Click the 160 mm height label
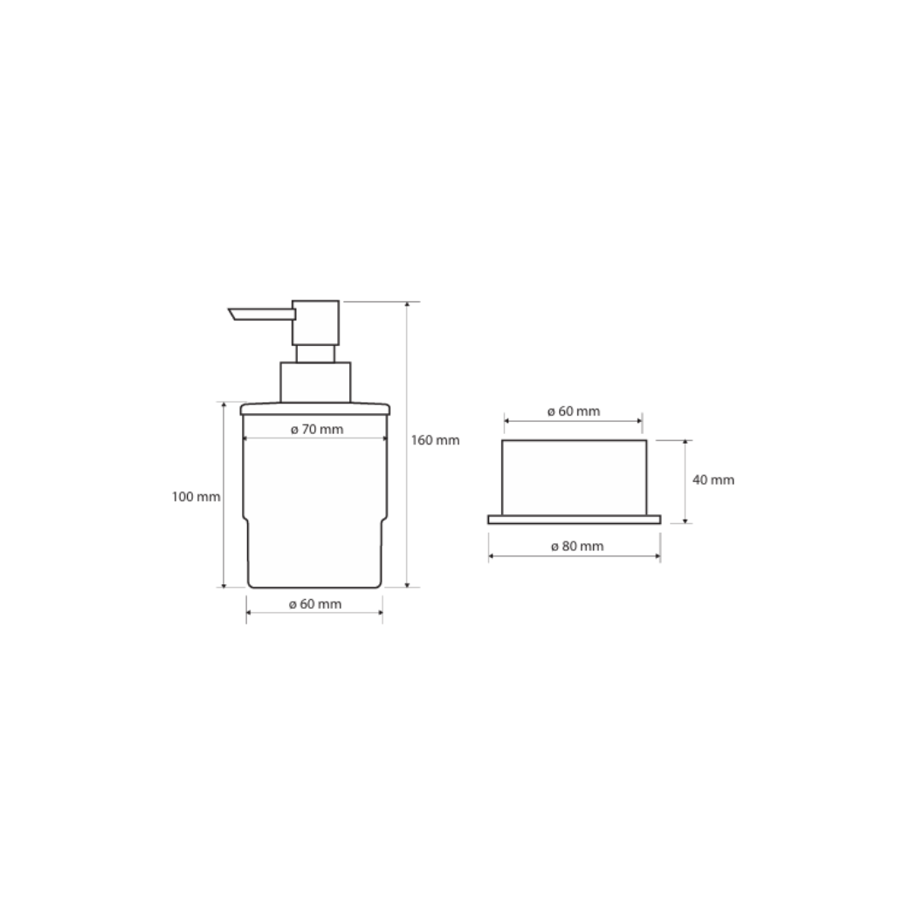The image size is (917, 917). (435, 440)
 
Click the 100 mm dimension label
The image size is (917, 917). (196, 497)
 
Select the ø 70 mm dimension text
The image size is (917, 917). (317, 430)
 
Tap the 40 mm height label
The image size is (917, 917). (714, 480)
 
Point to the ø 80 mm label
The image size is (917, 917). (577, 546)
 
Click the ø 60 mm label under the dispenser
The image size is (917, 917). (315, 604)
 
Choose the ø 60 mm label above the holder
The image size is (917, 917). (574, 411)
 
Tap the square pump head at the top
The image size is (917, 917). (315, 323)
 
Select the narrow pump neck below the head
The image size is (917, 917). (315, 354)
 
